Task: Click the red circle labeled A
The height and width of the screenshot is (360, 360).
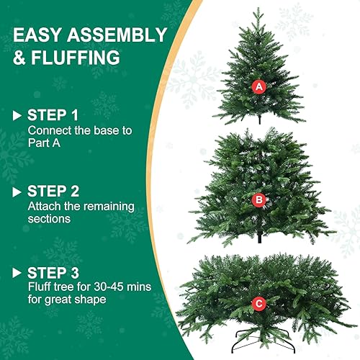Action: click(259, 86)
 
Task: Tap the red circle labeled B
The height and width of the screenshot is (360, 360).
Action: click(258, 200)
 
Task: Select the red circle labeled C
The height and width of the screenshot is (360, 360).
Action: click(258, 305)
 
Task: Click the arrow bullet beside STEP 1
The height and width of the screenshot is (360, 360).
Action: click(17, 115)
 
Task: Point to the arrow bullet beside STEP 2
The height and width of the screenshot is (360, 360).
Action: click(17, 192)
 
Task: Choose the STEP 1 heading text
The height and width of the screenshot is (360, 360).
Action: click(53, 115)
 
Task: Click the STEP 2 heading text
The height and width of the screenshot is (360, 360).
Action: click(53, 192)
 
